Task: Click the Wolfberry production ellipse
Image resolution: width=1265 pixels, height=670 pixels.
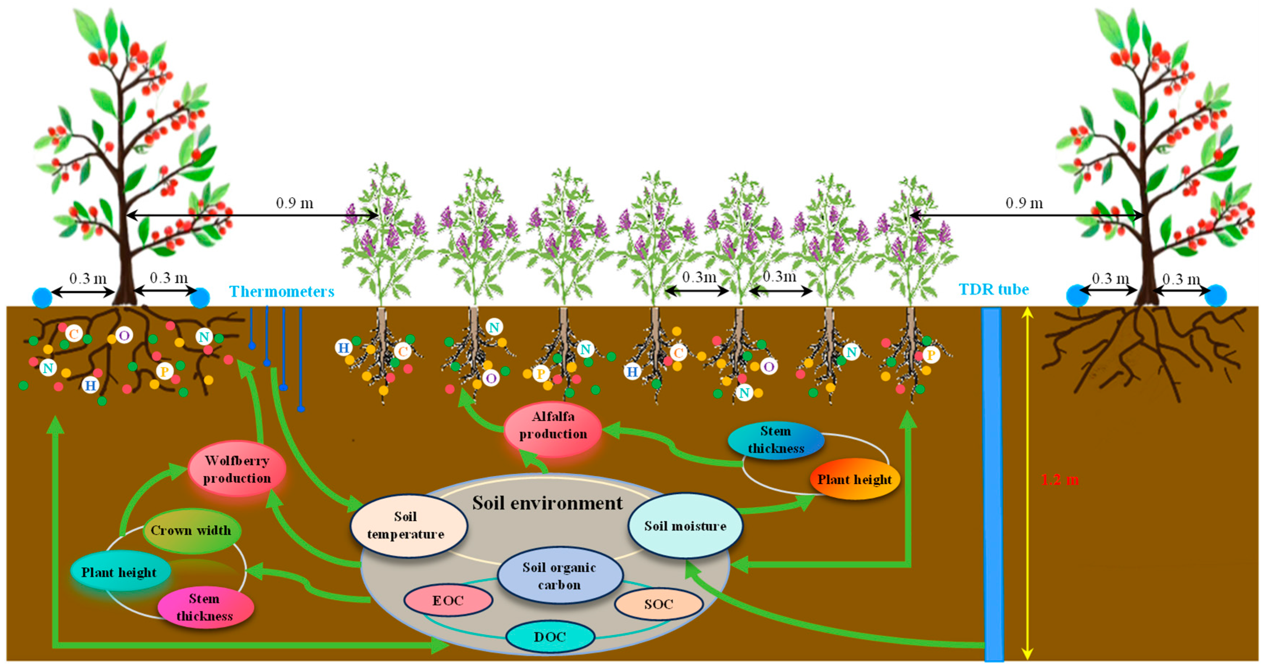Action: point(237,469)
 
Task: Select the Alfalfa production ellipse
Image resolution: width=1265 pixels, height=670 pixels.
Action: point(553,425)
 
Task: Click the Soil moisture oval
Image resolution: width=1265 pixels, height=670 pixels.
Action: point(685,526)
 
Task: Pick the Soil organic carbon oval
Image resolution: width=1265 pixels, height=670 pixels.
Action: point(559,576)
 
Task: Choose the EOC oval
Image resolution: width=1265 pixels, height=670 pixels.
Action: point(448,600)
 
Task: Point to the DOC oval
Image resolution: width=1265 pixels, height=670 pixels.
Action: point(550,637)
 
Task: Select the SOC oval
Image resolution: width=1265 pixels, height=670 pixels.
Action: point(658,604)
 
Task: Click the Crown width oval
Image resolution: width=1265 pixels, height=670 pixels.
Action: point(191,530)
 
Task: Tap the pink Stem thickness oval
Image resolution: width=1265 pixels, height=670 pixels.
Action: point(205,607)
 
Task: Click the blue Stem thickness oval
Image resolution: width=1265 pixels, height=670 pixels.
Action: point(776,440)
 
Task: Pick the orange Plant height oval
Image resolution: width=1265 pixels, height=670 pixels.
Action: point(855,479)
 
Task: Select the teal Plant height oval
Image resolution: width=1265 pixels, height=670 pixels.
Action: point(119,572)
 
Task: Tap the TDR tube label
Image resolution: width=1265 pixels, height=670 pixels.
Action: point(993,289)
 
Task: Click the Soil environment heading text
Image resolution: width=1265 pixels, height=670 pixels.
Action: point(547,503)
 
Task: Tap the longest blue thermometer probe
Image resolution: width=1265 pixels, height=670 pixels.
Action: point(301,359)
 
